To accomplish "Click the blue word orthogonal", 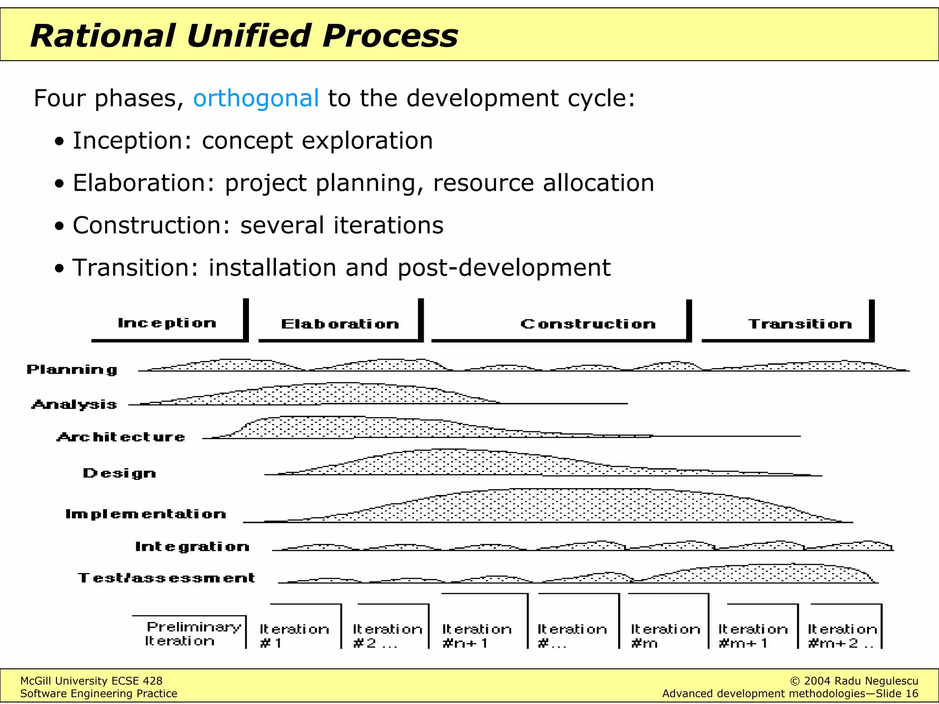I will click(x=256, y=99).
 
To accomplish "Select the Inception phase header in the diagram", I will click(x=167, y=323).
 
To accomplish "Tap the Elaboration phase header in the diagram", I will click(x=340, y=324).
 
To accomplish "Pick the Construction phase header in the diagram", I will click(x=588, y=324).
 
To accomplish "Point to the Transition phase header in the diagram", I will click(x=800, y=324).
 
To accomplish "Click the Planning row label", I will click(x=72, y=369).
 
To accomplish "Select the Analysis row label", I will click(x=74, y=404).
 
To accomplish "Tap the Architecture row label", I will click(x=121, y=437).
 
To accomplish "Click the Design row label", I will click(x=119, y=473).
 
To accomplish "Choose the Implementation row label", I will click(x=146, y=514).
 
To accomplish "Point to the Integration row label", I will click(x=192, y=546).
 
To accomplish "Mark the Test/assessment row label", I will click(x=166, y=577).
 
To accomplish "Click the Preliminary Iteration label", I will click(x=193, y=633).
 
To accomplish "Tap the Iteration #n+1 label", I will click(x=477, y=636).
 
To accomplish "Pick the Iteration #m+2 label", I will click(x=842, y=636).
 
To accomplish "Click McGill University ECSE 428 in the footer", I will click(x=91, y=681).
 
